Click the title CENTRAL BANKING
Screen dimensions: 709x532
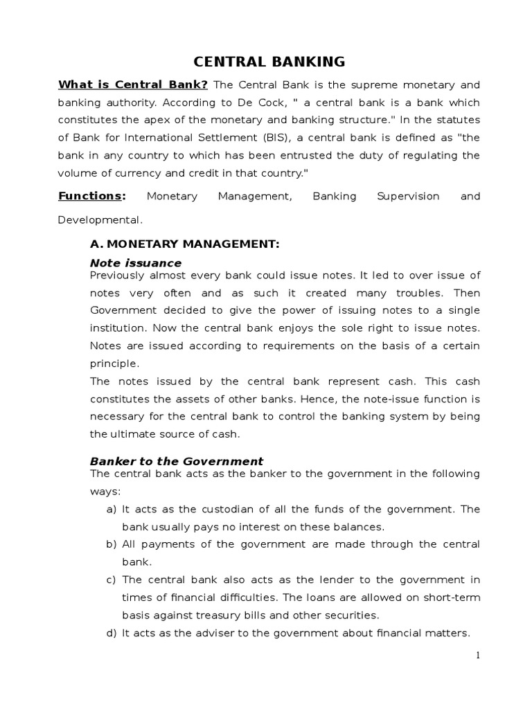pos(269,62)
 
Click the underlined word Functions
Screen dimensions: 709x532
pos(89,196)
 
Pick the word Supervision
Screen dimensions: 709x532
pos(407,196)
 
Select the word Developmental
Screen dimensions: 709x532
pos(100,220)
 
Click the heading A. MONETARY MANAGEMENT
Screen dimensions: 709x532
pos(184,244)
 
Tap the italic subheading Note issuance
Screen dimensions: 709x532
pos(136,263)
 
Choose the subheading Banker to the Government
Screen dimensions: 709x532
pos(177,461)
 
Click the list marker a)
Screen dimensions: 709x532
pos(111,509)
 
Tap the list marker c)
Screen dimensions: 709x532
pos(111,580)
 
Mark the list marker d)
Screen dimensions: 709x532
pos(111,632)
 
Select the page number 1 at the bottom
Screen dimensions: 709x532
pos(477,656)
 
